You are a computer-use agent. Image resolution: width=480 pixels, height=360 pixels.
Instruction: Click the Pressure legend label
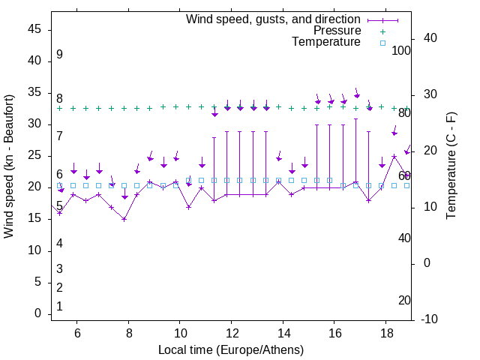(337, 31)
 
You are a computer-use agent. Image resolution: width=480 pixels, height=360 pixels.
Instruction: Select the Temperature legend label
(326, 42)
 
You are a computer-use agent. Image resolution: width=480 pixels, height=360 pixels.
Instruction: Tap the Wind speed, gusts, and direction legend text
(274, 19)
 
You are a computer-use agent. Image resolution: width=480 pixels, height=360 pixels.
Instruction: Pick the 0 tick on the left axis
(38, 314)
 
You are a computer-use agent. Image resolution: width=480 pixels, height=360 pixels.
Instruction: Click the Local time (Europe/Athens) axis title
(231, 349)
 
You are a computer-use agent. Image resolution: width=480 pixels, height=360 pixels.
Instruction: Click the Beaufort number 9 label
(59, 55)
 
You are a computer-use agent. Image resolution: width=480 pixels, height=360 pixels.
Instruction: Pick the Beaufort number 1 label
(59, 306)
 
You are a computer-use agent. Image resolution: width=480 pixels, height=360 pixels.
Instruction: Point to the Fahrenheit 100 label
(401, 51)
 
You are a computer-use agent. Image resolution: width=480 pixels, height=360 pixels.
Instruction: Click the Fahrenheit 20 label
(404, 301)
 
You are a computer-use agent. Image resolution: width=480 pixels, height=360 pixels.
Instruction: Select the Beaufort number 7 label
(59, 136)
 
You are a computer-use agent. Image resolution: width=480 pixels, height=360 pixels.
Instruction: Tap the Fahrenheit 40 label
(404, 238)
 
